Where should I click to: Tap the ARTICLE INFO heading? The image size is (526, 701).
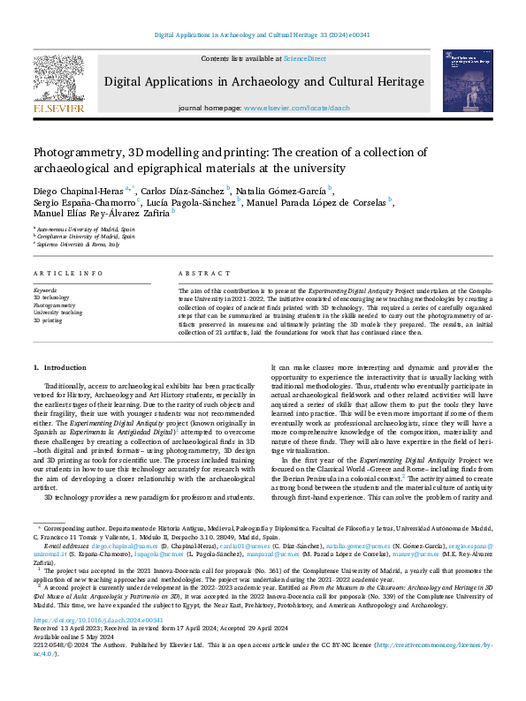pyautogui.click(x=65, y=274)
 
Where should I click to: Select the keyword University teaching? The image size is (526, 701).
pyautogui.click(x=57, y=313)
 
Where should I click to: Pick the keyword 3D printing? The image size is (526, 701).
pyautogui.click(x=48, y=320)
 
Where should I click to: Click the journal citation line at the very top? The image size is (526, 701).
pyautogui.click(x=263, y=34)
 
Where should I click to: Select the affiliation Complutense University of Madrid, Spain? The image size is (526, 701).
pyautogui.click(x=87, y=236)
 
